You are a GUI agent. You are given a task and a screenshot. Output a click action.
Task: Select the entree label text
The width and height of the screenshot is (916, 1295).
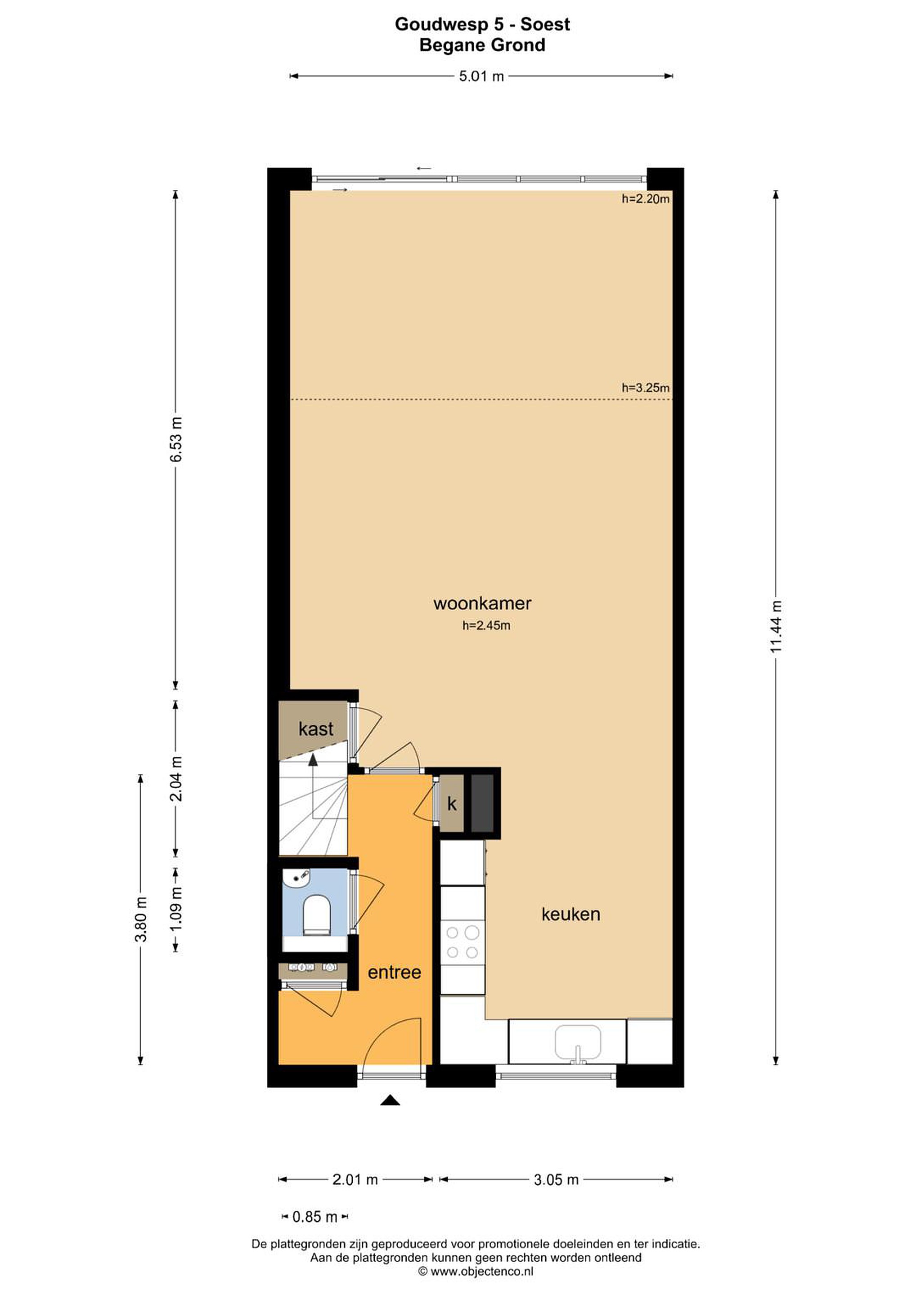[394, 973]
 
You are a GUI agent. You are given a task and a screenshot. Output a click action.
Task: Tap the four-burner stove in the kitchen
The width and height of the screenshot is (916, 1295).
[462, 942]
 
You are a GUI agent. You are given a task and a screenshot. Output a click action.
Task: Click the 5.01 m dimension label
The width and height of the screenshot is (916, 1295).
[481, 76]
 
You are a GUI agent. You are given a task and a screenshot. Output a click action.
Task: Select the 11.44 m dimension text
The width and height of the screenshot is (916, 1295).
[777, 626]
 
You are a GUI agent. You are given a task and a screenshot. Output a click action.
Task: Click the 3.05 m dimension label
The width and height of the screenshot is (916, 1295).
[556, 1179]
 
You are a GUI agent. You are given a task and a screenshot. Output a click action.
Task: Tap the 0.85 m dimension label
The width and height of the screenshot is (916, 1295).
[314, 1217]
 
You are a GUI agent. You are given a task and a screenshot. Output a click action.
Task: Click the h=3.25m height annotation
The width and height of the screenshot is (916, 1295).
[645, 388]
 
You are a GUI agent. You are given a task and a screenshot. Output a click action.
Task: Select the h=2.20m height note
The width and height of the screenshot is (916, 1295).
[645, 199]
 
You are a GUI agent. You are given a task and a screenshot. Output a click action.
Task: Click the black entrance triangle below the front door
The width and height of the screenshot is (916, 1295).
[390, 1099]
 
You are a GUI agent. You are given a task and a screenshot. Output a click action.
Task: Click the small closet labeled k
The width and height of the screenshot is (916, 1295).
[452, 804]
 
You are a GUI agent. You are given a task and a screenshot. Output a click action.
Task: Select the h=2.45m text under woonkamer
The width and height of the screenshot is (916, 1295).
[486, 625]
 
